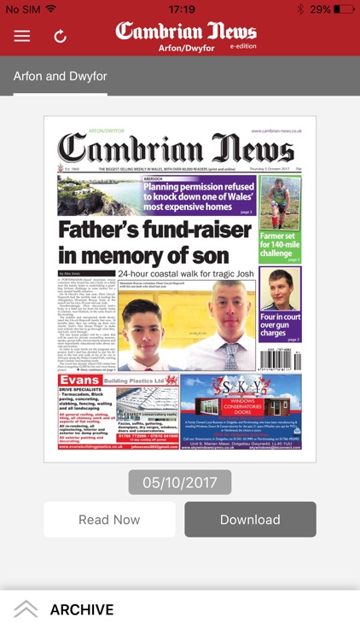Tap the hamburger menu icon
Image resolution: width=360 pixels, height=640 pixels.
coord(21,36)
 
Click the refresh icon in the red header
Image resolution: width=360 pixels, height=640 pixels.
coord(60,36)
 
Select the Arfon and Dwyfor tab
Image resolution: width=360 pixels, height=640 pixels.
coord(60,76)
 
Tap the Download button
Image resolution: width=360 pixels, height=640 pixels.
coord(250,519)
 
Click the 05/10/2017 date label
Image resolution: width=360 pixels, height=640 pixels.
coord(179,482)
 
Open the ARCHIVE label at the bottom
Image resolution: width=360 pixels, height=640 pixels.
coord(82,609)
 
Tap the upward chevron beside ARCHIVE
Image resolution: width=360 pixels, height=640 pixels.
coord(26,609)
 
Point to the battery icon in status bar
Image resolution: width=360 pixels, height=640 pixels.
coord(345,9)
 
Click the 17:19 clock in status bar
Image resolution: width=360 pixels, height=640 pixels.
coord(181,9)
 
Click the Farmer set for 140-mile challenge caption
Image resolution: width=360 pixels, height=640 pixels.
coord(281,246)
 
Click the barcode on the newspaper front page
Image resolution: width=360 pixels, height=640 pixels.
coord(281,357)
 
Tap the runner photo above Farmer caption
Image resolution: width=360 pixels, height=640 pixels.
coord(281,201)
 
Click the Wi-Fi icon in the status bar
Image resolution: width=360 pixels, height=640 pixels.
coord(51,9)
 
